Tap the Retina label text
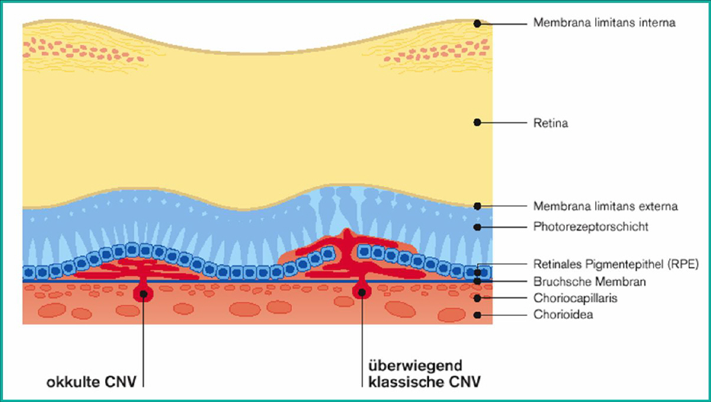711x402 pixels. point(550,124)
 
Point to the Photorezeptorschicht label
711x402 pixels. point(591,226)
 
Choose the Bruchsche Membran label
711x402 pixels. point(589,282)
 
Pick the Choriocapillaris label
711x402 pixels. point(575,298)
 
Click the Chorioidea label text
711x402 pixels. point(563,315)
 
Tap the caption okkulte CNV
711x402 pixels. point(92,382)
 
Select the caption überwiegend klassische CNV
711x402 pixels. point(424,373)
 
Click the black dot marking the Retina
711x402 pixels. point(477,123)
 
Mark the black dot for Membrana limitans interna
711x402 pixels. point(477,24)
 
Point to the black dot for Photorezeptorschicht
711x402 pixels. point(477,226)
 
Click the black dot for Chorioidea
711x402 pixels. point(477,315)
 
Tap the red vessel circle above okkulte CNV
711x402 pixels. point(142,292)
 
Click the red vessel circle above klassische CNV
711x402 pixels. point(361,291)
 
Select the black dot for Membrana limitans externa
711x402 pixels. point(477,206)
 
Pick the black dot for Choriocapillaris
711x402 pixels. point(477,299)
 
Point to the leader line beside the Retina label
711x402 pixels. point(502,123)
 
